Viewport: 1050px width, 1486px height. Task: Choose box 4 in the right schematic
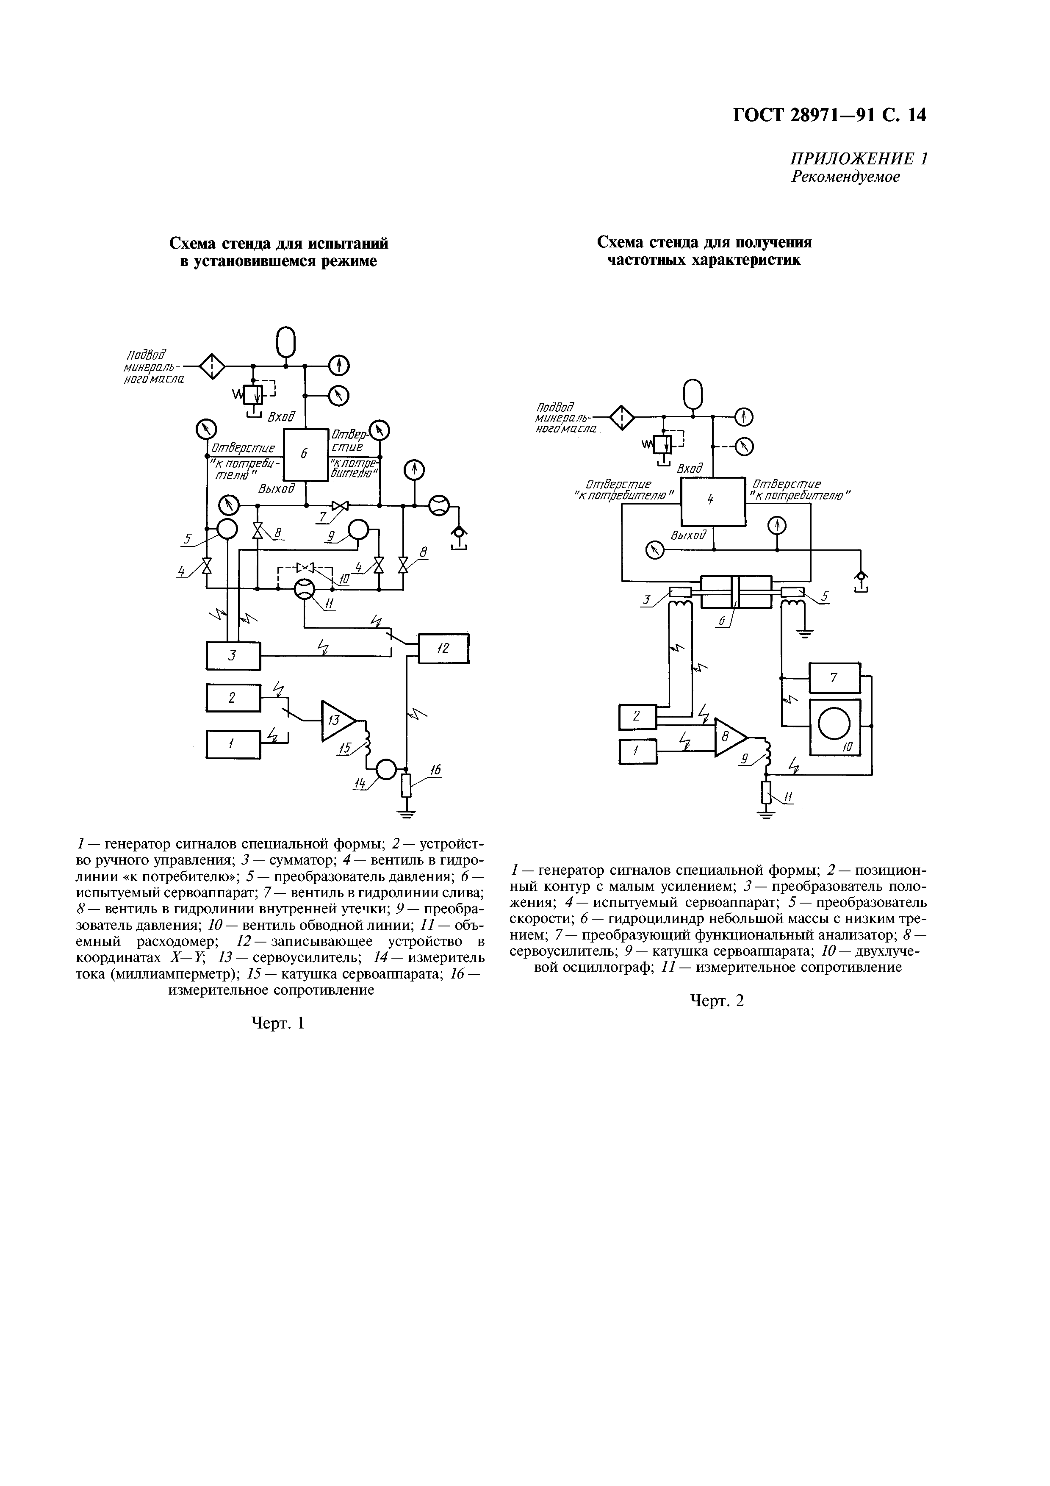tap(712, 502)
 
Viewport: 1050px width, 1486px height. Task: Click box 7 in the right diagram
tap(834, 678)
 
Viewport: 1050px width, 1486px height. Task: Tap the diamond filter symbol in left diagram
tap(211, 367)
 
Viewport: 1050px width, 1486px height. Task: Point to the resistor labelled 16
tap(406, 786)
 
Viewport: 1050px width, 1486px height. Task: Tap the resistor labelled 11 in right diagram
tap(767, 792)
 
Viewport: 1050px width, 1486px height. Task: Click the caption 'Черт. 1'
tap(277, 1023)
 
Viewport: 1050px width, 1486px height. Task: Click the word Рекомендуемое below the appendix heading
tap(845, 177)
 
